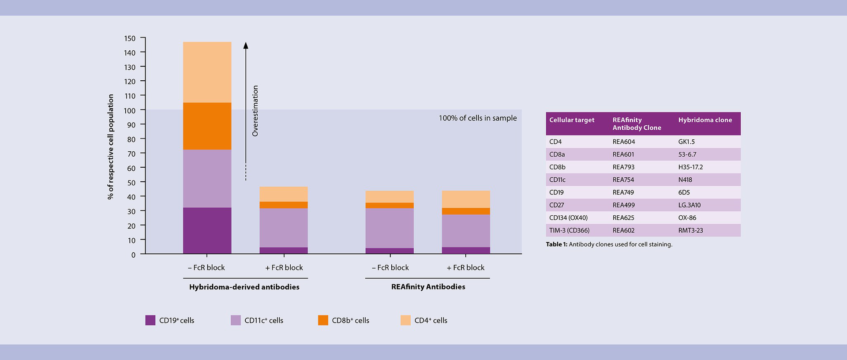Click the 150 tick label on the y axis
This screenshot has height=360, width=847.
pos(130,38)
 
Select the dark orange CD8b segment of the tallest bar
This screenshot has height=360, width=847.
pos(207,126)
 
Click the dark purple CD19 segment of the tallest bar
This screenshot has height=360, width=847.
pos(207,230)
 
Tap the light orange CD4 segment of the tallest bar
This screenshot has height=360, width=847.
pos(207,72)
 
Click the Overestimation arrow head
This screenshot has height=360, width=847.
pos(246,45)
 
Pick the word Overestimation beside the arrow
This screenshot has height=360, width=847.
pos(255,111)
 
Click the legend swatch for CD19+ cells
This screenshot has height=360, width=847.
pos(150,320)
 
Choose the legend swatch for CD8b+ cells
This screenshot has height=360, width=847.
pos(323,320)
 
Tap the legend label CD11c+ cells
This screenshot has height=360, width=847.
pos(264,320)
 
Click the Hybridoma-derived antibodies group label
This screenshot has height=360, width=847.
pos(244,287)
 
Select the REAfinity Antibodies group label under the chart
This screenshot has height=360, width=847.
pos(428,287)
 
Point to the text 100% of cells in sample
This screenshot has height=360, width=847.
pos(477,118)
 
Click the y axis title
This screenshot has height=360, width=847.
pos(111,146)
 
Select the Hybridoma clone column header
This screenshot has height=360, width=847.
pos(705,120)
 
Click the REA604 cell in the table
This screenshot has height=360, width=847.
pos(624,142)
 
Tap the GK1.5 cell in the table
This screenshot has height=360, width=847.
pos(686,142)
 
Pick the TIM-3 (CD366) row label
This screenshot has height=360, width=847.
pos(569,230)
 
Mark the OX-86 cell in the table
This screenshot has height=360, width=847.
pos(687,217)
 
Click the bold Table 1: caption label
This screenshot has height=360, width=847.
pos(556,244)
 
